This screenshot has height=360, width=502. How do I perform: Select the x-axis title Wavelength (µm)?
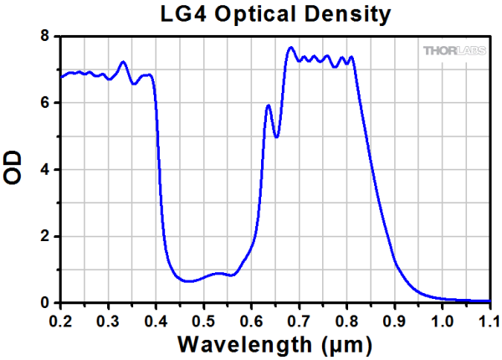[x=274, y=343]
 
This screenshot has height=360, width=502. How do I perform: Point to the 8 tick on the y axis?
[x=45, y=36]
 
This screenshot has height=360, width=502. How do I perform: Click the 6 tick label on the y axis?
[x=45, y=103]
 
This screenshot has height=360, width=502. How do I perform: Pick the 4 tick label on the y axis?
[x=45, y=170]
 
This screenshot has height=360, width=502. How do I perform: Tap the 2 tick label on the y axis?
[x=45, y=237]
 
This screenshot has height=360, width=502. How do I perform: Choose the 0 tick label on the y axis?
[x=45, y=303]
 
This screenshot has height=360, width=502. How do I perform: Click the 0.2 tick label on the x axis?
[x=59, y=320]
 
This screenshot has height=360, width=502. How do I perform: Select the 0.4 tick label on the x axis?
[x=156, y=320]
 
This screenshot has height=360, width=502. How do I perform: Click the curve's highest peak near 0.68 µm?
[x=290, y=48]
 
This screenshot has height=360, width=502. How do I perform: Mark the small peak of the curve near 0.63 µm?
[x=268, y=105]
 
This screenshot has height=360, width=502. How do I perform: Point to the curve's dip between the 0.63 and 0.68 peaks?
[x=276, y=136]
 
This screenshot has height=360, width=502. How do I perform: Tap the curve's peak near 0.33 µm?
[x=123, y=62]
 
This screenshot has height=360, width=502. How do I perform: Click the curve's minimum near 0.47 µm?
[x=190, y=281]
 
